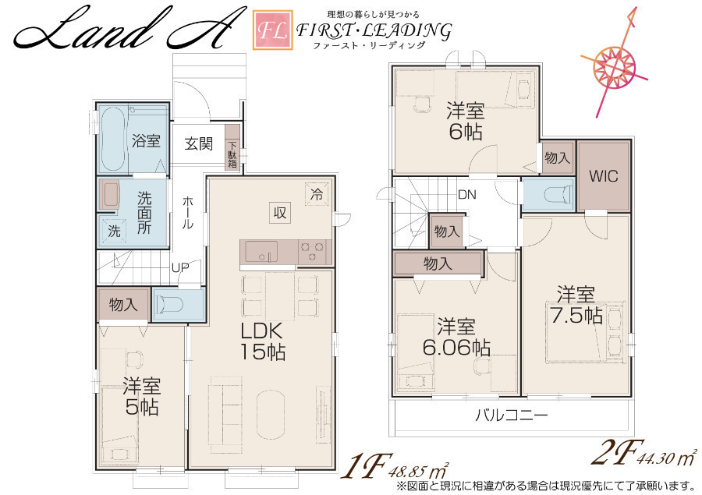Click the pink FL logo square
(x=273, y=30)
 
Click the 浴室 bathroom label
(x=147, y=140)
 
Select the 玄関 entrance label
(x=198, y=143)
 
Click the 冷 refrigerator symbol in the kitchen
(x=317, y=194)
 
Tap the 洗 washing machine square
(x=115, y=231)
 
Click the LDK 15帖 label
(x=263, y=341)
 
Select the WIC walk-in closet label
(x=604, y=176)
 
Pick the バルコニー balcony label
(x=511, y=415)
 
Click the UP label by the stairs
(x=180, y=267)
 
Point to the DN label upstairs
(x=467, y=195)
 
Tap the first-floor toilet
(x=171, y=305)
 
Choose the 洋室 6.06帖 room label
(x=456, y=337)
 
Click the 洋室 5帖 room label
(x=141, y=397)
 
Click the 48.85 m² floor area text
(x=419, y=469)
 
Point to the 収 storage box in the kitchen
(x=280, y=213)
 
